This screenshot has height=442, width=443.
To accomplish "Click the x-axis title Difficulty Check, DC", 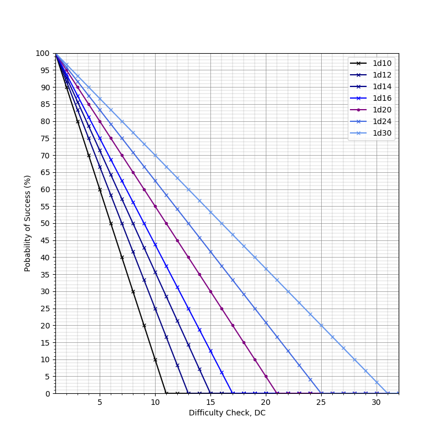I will (x=227, y=413).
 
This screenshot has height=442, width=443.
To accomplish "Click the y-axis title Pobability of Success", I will (x=28, y=223).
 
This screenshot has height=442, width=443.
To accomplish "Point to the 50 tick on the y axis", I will (x=45, y=223).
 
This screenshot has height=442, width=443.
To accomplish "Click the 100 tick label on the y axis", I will (x=43, y=53).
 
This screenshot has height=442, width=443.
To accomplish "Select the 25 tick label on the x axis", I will (x=321, y=403).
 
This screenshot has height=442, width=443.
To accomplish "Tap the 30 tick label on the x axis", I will (x=377, y=403).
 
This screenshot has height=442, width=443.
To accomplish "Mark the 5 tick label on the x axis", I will (x=100, y=403).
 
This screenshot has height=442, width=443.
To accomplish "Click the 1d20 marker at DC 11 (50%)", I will (x=166, y=223).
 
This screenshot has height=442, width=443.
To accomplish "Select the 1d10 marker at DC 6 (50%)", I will (x=111, y=223).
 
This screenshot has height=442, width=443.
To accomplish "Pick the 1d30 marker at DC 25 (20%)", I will (x=321, y=325).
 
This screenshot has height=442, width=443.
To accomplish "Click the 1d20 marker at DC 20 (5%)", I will (x=266, y=377).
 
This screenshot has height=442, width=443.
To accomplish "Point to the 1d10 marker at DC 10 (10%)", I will (x=155, y=359).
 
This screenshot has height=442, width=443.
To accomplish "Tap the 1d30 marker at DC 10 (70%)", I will (x=155, y=155).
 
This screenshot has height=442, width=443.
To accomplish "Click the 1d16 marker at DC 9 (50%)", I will (x=144, y=223).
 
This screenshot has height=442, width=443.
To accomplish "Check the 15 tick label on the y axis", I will (x=45, y=342).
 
